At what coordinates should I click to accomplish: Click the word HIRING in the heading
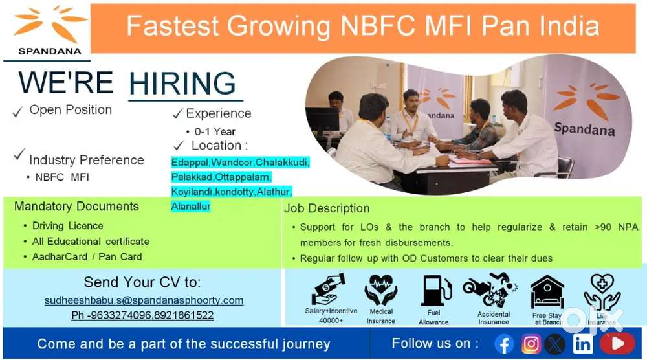[x=182, y=84]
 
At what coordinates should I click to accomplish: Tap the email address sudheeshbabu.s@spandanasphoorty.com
[x=144, y=300]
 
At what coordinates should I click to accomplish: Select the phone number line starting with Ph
[x=142, y=315]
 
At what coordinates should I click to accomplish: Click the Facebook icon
[x=505, y=344]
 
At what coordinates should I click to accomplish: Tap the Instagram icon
[x=531, y=344]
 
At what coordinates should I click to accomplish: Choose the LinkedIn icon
[x=582, y=344]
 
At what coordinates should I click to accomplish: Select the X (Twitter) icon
[x=555, y=344]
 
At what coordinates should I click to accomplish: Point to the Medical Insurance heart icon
[x=381, y=289]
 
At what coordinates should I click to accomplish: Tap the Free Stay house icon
[x=547, y=292]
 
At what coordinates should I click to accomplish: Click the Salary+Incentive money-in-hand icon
[x=329, y=289]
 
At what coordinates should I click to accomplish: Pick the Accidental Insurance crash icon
[x=490, y=289]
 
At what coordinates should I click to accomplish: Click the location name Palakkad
[x=192, y=177]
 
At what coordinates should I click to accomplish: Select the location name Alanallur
[x=191, y=207]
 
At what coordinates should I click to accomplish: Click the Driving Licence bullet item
[x=68, y=226]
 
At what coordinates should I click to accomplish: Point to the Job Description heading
[x=327, y=208]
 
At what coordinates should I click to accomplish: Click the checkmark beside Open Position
[x=17, y=112]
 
